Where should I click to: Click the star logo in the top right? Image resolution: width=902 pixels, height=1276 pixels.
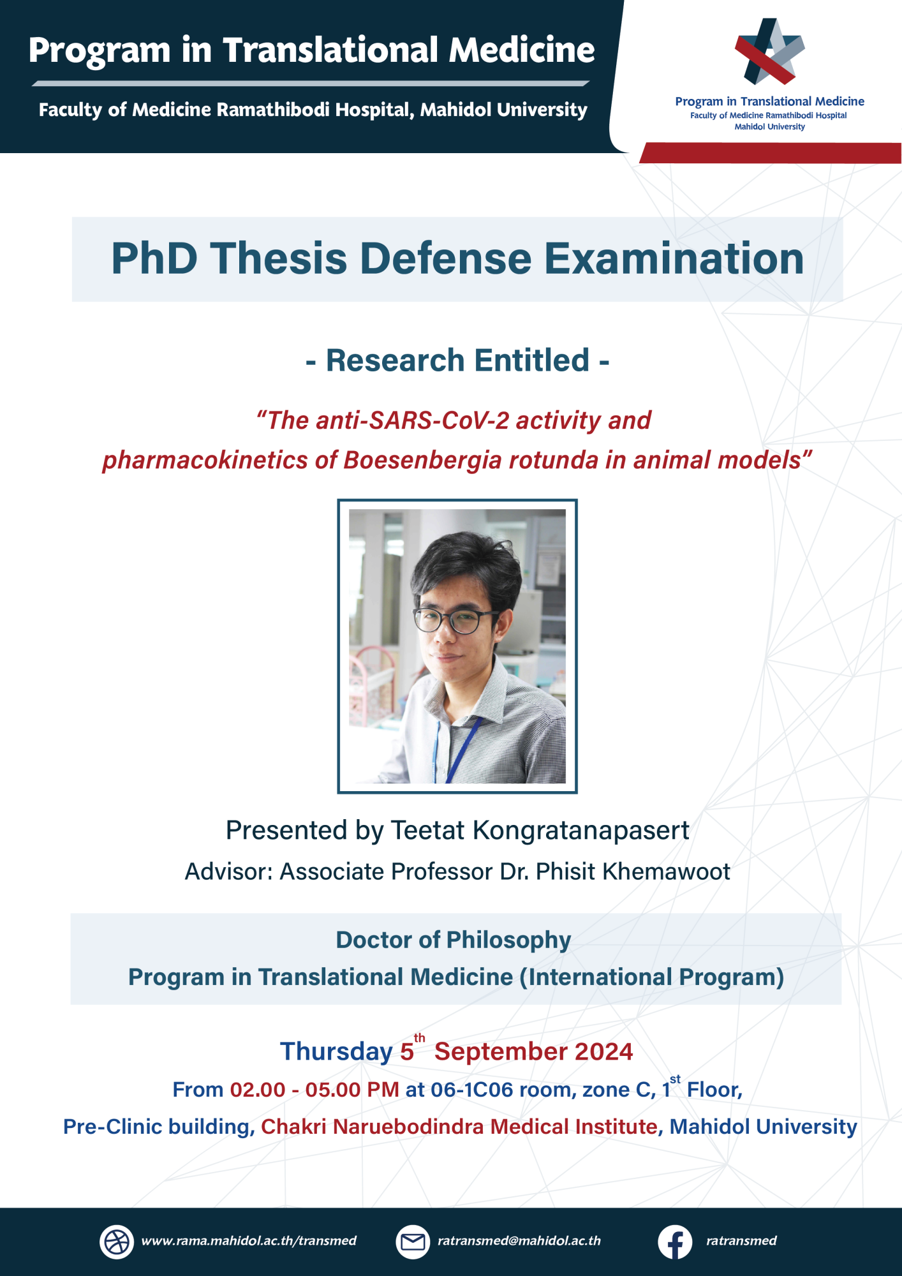tap(769, 52)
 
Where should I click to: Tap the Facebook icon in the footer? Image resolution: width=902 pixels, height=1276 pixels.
tap(675, 1242)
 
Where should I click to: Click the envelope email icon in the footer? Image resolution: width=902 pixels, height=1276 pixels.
tap(413, 1242)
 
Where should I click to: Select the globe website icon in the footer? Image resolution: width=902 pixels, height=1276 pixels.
tap(117, 1242)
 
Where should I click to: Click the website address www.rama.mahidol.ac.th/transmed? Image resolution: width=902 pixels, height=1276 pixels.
tap(249, 1241)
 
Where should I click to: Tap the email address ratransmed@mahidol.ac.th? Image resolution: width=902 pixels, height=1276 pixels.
tap(519, 1241)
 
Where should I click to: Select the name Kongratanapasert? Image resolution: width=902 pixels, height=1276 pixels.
tap(580, 831)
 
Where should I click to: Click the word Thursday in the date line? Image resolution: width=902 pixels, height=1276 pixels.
tap(336, 1052)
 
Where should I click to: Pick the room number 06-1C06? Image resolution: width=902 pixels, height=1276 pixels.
tap(471, 1090)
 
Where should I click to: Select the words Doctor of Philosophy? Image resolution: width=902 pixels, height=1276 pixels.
tap(453, 940)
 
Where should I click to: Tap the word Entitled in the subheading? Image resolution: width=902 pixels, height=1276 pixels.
tap(531, 360)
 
